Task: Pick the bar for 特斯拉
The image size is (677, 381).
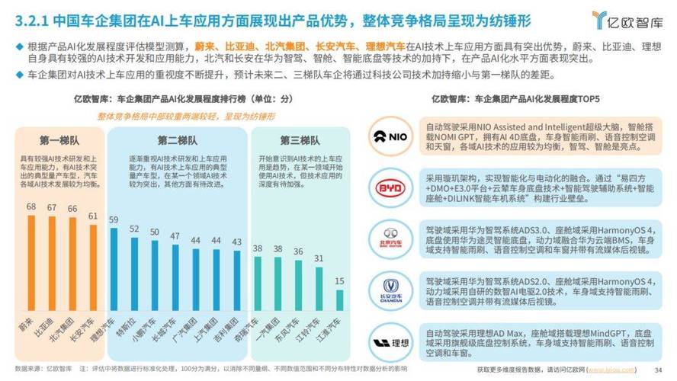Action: tap(134, 273)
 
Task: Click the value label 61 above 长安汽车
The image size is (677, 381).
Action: tap(93, 216)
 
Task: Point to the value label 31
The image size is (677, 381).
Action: tap(319, 258)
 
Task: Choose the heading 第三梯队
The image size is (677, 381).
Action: tap(299, 141)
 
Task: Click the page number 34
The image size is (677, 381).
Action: tap(659, 370)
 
